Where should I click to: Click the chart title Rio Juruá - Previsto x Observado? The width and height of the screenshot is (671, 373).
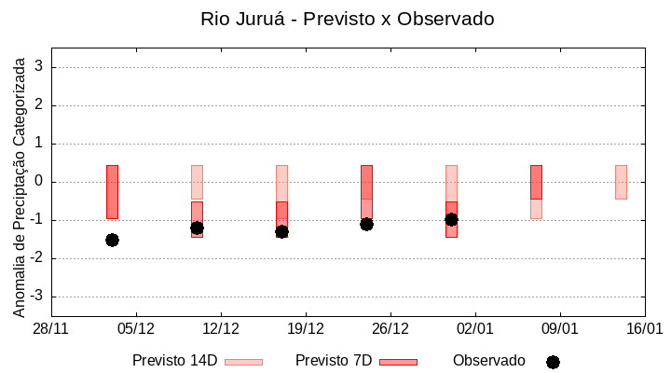click(x=348, y=19)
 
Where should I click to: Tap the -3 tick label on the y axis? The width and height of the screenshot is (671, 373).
click(x=37, y=297)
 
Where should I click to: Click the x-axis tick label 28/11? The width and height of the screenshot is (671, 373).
click(x=51, y=328)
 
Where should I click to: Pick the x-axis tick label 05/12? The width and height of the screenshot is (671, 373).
click(x=136, y=328)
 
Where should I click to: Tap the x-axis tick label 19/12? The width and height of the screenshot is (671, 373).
click(x=306, y=328)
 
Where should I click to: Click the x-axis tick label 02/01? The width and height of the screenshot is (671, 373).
click(x=475, y=328)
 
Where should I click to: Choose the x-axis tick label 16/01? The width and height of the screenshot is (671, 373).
click(x=644, y=328)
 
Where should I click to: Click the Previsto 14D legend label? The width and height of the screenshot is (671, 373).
click(x=174, y=361)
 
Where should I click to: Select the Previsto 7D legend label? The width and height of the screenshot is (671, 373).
click(x=334, y=361)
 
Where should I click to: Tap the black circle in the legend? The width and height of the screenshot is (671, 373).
click(x=553, y=362)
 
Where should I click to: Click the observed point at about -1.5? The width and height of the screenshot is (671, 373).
click(x=112, y=240)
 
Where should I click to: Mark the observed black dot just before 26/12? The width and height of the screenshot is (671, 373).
click(x=366, y=224)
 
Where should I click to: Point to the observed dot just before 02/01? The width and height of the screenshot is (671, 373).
click(x=451, y=219)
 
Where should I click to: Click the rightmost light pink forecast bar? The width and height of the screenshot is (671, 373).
click(x=621, y=182)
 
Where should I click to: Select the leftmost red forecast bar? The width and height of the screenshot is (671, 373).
click(x=112, y=191)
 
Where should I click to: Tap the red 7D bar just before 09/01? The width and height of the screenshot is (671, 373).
click(x=536, y=182)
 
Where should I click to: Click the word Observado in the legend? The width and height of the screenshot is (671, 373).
click(x=489, y=361)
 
